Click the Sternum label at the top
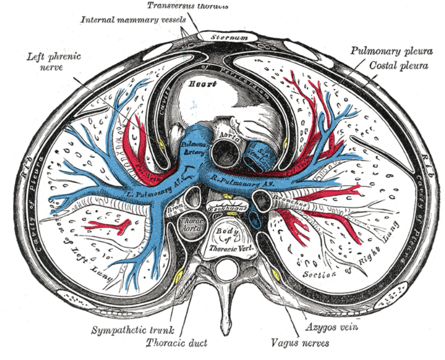coord(225,37)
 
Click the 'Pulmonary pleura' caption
coord(391,52)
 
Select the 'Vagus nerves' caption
coord(300,343)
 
